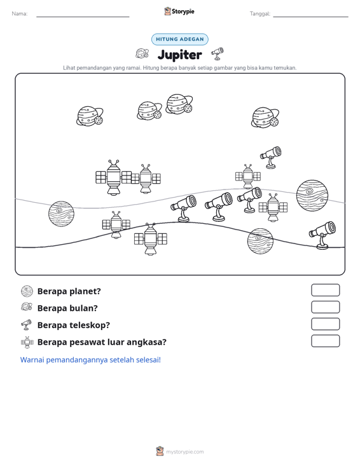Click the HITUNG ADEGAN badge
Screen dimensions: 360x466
(179, 39)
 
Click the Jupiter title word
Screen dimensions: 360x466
(179, 55)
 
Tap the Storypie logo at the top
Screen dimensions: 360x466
(179, 11)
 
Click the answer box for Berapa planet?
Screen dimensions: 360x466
(325, 290)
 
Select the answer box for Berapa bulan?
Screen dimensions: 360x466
(325, 307)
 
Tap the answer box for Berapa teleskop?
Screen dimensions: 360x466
(325, 324)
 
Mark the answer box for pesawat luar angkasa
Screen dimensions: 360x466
(325, 341)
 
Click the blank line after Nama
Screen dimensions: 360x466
(83, 17)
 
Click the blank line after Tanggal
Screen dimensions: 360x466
(310, 17)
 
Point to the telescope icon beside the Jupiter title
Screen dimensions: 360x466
(218, 53)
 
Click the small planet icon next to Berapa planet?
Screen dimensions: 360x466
(27, 291)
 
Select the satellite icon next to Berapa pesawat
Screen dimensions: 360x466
(27, 343)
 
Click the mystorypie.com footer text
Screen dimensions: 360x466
(184, 452)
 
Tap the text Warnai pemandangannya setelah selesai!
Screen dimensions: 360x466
(90, 360)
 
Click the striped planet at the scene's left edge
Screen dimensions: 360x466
(61, 214)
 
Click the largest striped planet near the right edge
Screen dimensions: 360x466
(312, 196)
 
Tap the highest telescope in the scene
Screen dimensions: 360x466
(271, 157)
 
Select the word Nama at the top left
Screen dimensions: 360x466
(20, 14)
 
